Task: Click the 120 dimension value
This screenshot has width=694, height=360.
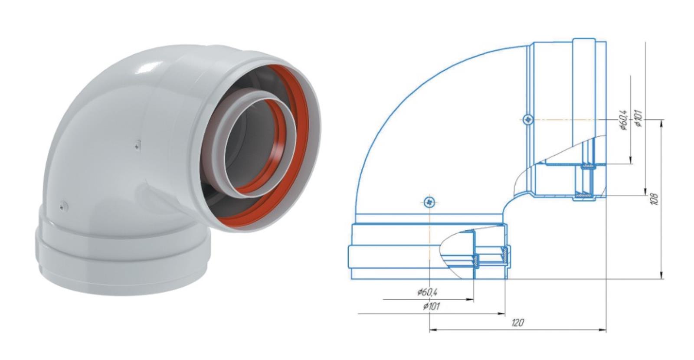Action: pos(517,323)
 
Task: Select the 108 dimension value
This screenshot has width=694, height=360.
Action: pos(654,199)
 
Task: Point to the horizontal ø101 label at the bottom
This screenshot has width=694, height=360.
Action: pos(431,306)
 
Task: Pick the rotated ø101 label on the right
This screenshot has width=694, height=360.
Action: pos(638,118)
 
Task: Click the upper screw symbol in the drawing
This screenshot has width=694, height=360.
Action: pos(527,119)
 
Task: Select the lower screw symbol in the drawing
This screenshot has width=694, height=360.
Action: pos(429,202)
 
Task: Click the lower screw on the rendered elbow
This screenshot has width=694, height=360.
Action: pos(64,206)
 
